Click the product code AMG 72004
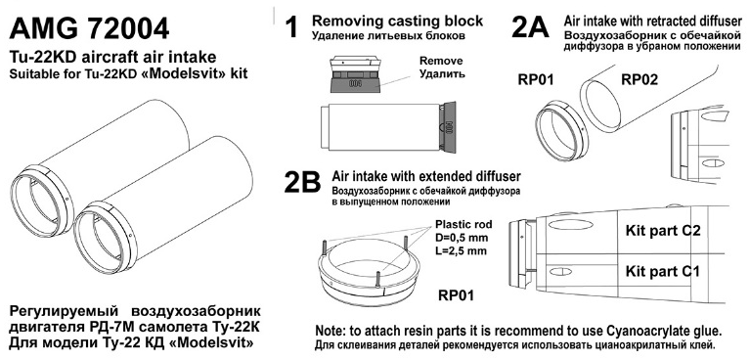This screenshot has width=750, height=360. [89, 28]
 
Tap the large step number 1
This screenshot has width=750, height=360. [291, 26]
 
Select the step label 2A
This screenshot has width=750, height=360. [530, 26]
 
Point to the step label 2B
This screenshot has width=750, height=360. [302, 182]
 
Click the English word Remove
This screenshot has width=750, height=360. [441, 62]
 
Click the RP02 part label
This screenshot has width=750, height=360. [640, 79]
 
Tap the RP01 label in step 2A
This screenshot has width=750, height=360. [536, 79]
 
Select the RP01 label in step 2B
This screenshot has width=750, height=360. [456, 295]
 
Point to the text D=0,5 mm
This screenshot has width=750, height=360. [462, 238]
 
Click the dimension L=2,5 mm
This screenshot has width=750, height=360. [462, 250]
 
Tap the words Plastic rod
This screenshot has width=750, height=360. [463, 225]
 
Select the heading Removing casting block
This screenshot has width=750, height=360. [397, 22]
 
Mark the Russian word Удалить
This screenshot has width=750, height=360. [442, 74]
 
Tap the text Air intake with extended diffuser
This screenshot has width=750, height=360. [426, 176]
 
